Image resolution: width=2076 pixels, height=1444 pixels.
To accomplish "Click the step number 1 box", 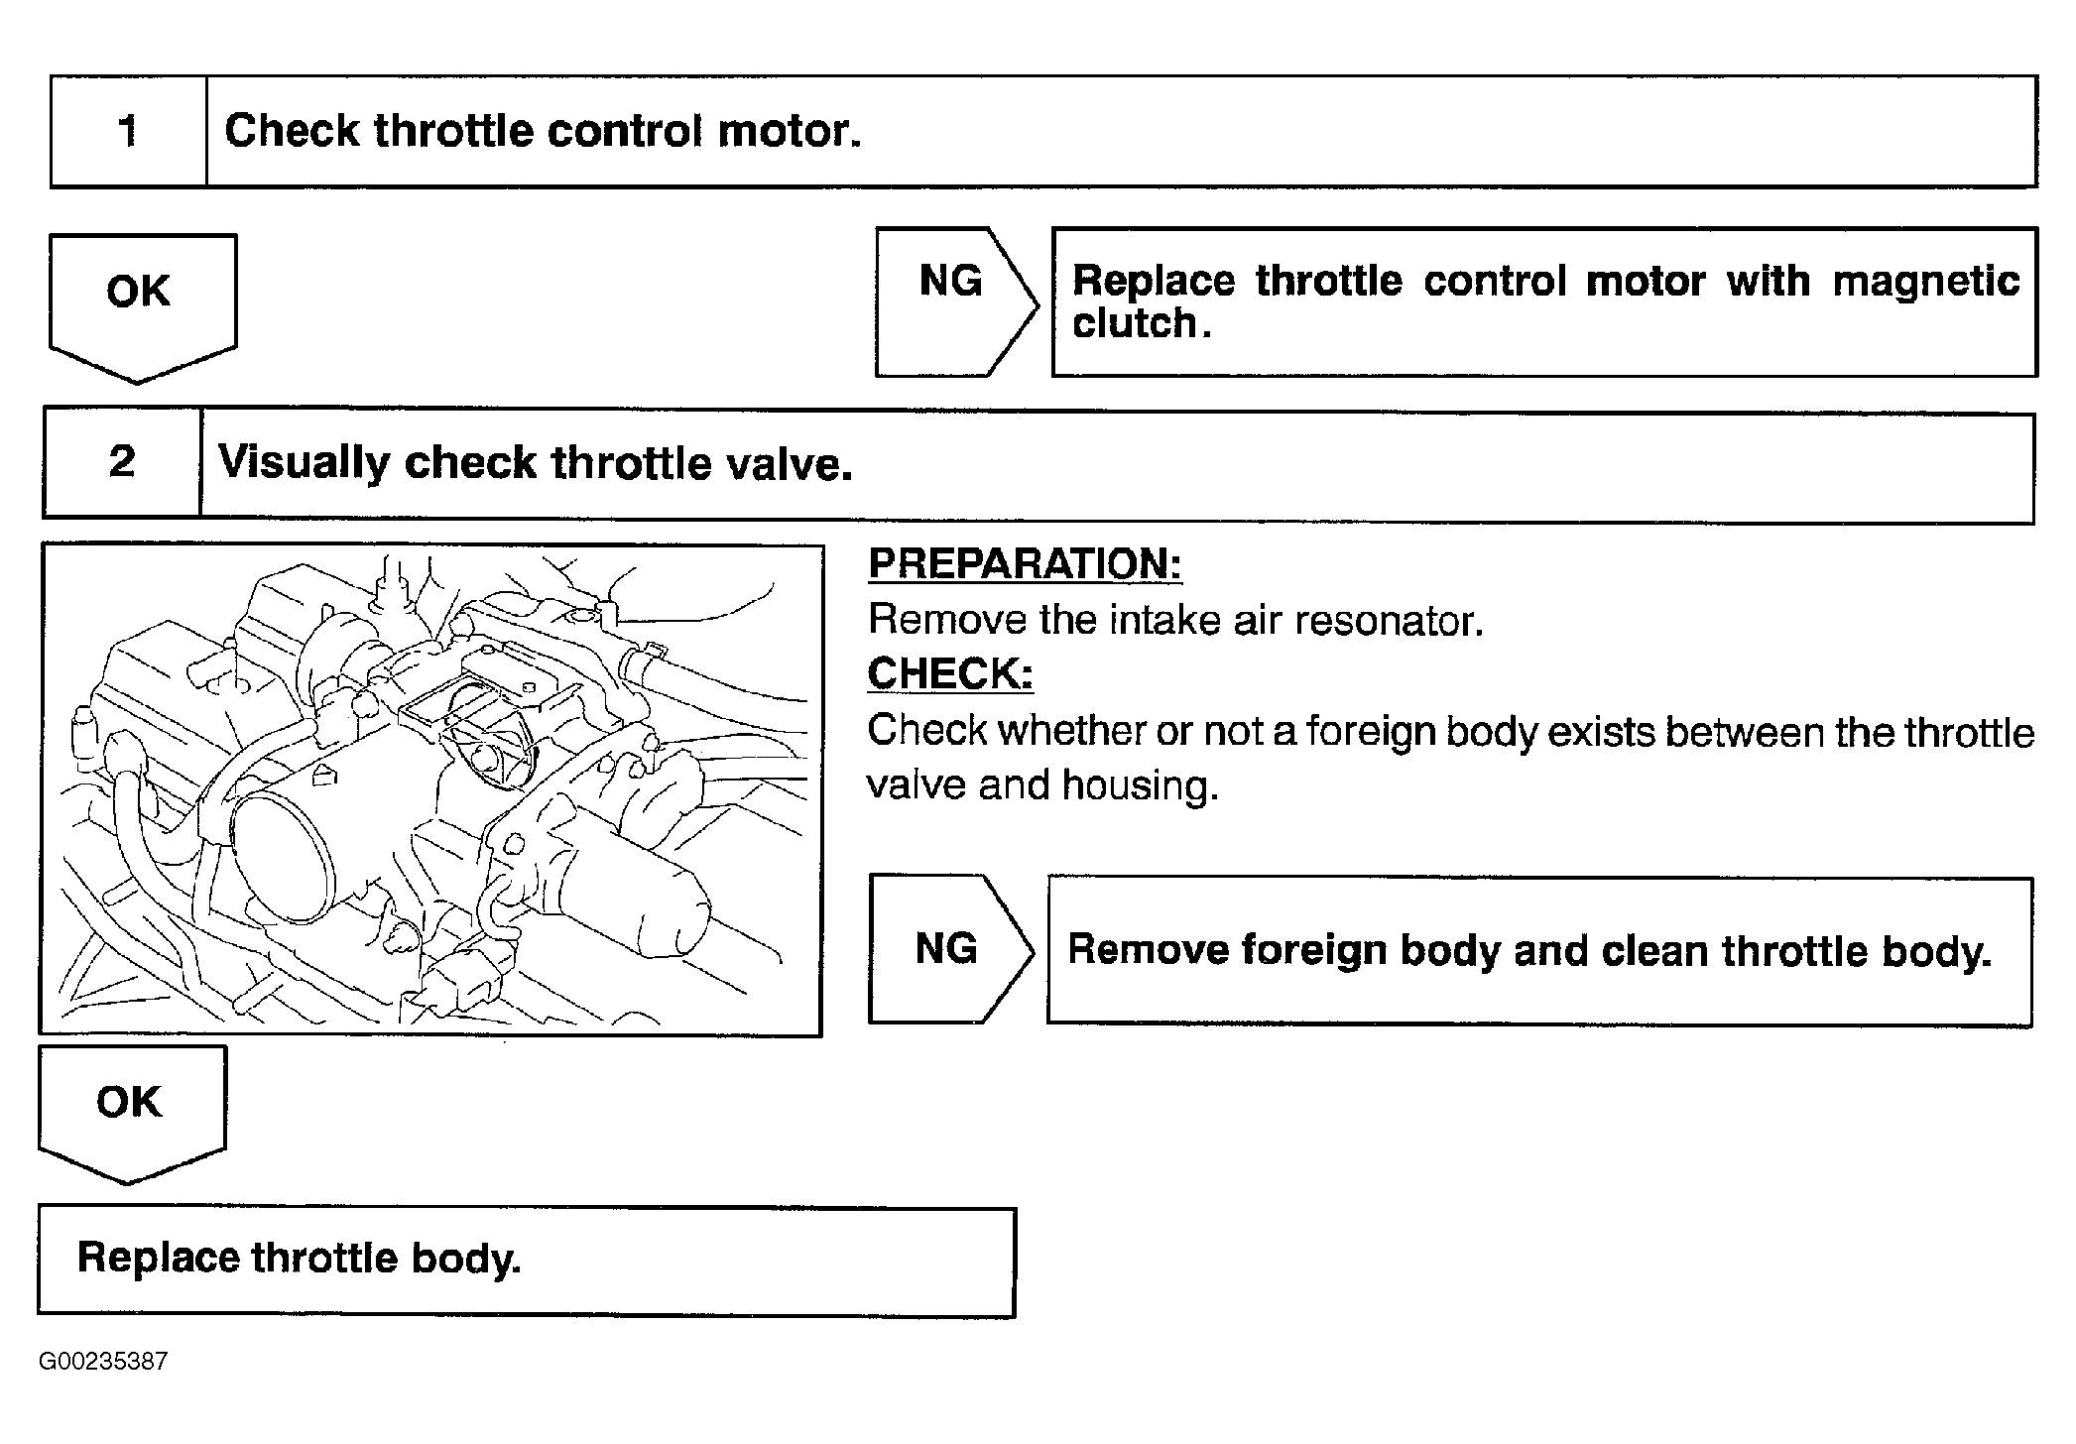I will (129, 131).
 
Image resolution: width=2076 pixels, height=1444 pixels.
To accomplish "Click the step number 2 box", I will (122, 462).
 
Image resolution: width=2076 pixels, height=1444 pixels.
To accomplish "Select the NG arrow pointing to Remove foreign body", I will (947, 949).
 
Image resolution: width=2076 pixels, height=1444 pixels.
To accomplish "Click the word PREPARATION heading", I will (1025, 564).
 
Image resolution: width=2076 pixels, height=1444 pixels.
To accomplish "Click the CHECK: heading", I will (949, 674).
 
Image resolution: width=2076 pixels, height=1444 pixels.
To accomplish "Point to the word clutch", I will (1135, 323).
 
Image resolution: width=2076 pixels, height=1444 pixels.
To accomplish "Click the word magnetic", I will (1925, 282).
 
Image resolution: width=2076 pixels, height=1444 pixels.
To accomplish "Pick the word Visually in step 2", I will (303, 463).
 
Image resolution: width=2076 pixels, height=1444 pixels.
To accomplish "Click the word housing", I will (1140, 785).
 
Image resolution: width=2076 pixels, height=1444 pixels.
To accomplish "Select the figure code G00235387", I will (103, 1361).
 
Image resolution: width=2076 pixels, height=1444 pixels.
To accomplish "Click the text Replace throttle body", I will (299, 1258).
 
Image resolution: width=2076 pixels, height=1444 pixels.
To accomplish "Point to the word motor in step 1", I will (789, 131).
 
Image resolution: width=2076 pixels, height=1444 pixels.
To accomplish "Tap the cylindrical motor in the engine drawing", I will (635, 898).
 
